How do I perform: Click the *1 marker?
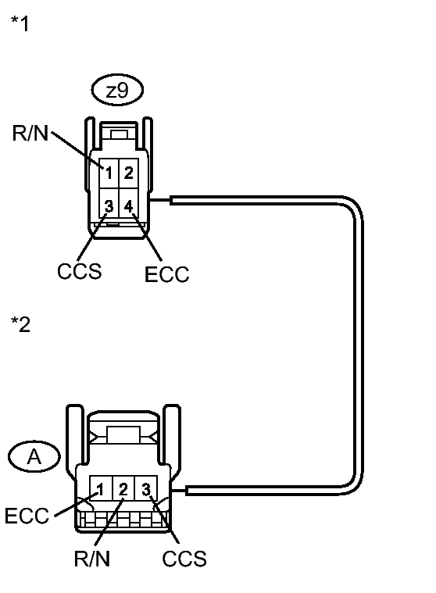click(20, 23)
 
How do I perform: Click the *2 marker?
click(20, 324)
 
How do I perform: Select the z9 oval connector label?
click(117, 90)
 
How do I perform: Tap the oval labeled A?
click(34, 456)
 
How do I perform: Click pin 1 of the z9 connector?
click(109, 173)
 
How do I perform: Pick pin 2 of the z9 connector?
click(129, 173)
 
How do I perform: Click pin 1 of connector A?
click(101, 488)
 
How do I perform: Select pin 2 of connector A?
click(123, 488)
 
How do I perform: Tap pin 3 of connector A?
click(146, 488)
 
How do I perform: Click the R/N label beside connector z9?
click(30, 133)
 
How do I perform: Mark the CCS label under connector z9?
click(80, 271)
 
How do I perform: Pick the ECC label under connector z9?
click(166, 274)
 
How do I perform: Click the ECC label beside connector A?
click(27, 516)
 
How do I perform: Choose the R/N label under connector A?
click(92, 559)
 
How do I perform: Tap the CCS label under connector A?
click(184, 559)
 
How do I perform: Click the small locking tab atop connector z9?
click(118, 134)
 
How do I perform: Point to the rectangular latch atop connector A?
click(123, 434)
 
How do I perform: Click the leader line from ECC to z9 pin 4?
click(147, 238)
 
